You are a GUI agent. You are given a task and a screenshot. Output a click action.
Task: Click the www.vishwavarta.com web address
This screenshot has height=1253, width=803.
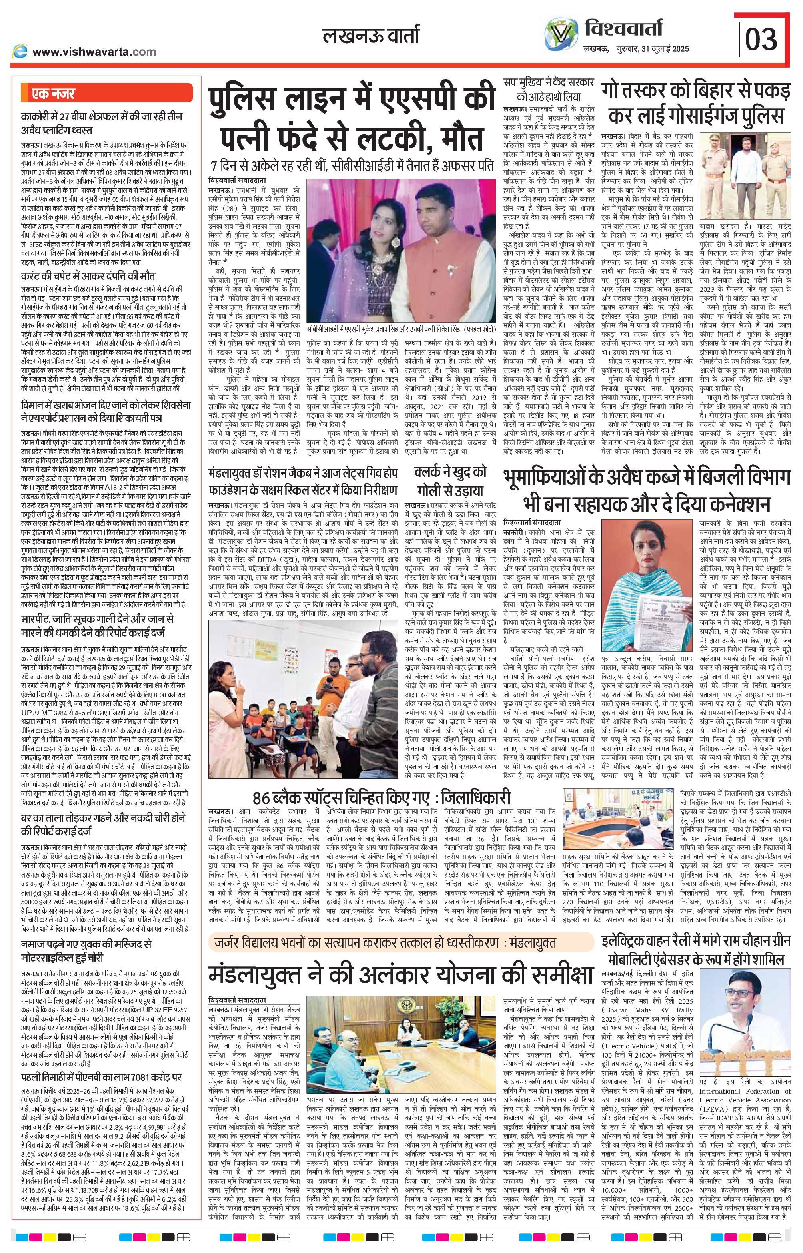click(x=94, y=52)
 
